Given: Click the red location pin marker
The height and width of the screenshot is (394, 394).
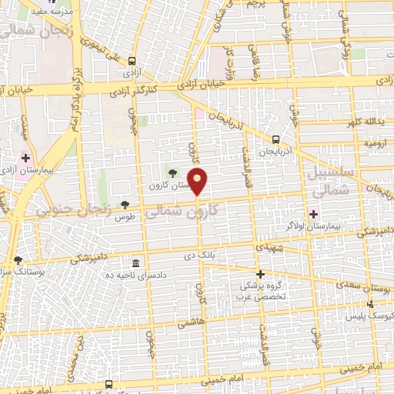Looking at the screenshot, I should click(x=198, y=181).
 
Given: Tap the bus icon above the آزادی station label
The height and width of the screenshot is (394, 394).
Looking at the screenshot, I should click(x=132, y=61).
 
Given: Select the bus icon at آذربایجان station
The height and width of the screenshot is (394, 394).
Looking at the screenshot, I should click(x=275, y=139).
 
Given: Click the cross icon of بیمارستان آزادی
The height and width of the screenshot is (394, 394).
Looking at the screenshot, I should click(x=25, y=157).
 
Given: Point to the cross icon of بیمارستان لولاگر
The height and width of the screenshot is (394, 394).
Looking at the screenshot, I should click(x=312, y=213).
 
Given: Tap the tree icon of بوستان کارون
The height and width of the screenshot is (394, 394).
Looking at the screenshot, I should click(x=172, y=172).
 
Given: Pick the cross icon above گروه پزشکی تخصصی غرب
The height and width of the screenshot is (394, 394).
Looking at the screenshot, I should click(x=260, y=274).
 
